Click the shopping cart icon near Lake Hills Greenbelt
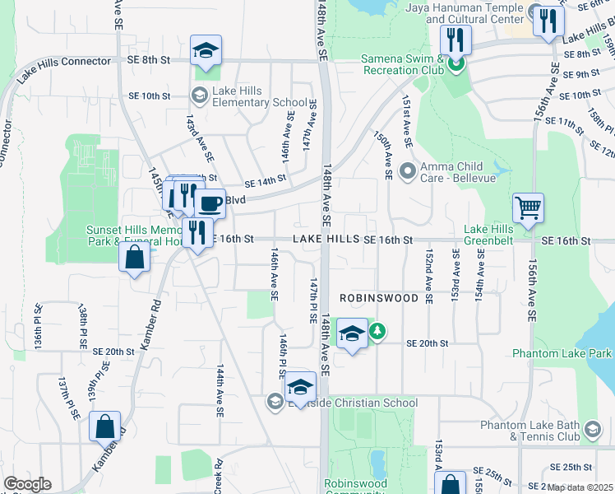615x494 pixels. pyautogui.click(x=528, y=207)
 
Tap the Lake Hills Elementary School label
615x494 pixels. pyautogui.click(x=247, y=96)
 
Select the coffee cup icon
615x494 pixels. pyautogui.click(x=210, y=203)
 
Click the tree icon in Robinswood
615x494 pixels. pyautogui.click(x=377, y=331)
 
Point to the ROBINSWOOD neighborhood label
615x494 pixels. pyautogui.click(x=380, y=298)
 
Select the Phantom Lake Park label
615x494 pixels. pyautogui.click(x=562, y=353)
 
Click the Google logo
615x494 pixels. pyautogui.click(x=27, y=484)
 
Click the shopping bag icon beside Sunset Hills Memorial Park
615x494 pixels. pyautogui.click(x=134, y=258)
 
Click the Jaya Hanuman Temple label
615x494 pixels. pyautogui.click(x=465, y=12)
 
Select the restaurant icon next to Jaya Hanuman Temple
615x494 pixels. pyautogui.click(x=548, y=21)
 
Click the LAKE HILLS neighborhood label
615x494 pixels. pyautogui.click(x=326, y=239)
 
